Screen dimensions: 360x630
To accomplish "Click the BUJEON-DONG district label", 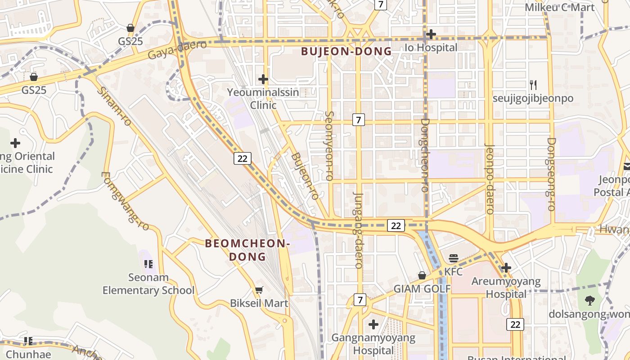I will click(346, 51).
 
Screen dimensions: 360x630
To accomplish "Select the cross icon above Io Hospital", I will click(431, 34).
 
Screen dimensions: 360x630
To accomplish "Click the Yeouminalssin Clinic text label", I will click(263, 99).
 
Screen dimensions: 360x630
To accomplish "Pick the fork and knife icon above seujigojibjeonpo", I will click(533, 85).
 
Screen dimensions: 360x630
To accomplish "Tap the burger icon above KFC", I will click(454, 258).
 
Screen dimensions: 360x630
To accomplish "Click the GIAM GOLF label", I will click(422, 289).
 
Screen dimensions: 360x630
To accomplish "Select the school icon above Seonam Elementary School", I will click(148, 264).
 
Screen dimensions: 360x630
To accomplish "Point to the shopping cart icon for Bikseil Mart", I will click(259, 290).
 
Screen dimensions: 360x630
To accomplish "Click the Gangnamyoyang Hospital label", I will click(373, 344).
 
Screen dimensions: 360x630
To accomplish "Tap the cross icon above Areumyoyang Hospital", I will click(506, 268).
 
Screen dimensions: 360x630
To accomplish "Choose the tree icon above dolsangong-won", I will click(589, 300).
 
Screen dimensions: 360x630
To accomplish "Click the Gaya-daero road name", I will click(177, 49).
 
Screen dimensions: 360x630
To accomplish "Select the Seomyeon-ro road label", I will click(329, 146).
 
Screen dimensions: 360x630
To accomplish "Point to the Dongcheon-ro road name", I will click(425, 155).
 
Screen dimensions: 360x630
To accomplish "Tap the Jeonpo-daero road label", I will click(490, 179).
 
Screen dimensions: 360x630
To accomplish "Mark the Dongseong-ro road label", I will click(551, 174).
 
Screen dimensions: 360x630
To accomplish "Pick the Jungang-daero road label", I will click(359, 230).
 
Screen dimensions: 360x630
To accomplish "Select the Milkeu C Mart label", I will click(560, 7).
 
